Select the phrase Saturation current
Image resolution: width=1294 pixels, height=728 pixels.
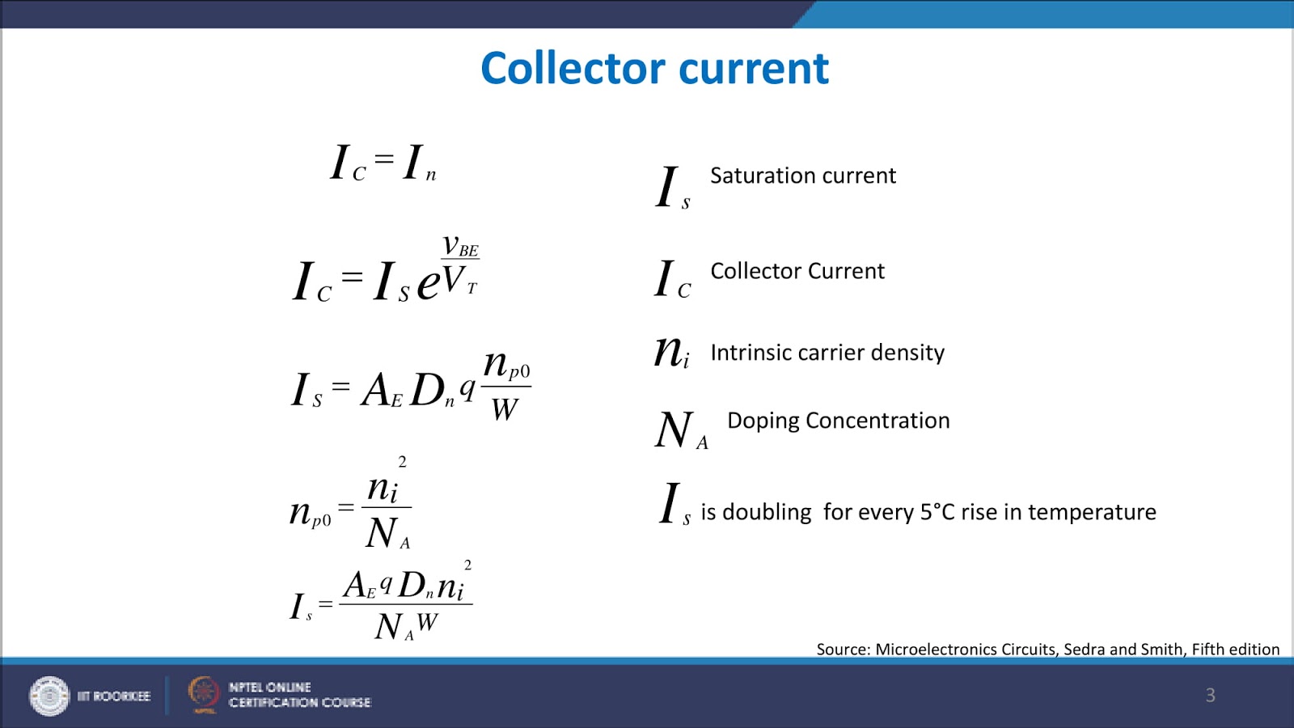point(802,176)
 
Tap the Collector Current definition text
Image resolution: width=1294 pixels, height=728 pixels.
point(797,271)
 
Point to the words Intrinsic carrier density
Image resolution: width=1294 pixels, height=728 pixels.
point(827,353)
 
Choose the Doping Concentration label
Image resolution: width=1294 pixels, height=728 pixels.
point(838,421)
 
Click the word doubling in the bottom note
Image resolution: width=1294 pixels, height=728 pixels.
point(766,512)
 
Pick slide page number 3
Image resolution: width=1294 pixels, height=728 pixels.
point(1210,695)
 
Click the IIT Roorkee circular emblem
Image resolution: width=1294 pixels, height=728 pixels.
point(49,696)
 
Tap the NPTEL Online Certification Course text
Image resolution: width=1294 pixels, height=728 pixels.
point(299,695)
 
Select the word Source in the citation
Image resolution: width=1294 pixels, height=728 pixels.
point(842,650)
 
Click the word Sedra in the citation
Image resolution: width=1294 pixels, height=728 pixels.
point(1083,650)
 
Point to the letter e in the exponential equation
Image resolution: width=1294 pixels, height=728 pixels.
point(428,283)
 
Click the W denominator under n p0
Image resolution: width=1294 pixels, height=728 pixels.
point(505,409)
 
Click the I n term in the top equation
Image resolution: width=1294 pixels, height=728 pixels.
point(419,163)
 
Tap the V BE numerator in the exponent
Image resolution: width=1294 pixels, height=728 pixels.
point(460,245)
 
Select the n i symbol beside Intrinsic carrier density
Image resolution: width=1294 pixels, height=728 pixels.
point(671,353)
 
